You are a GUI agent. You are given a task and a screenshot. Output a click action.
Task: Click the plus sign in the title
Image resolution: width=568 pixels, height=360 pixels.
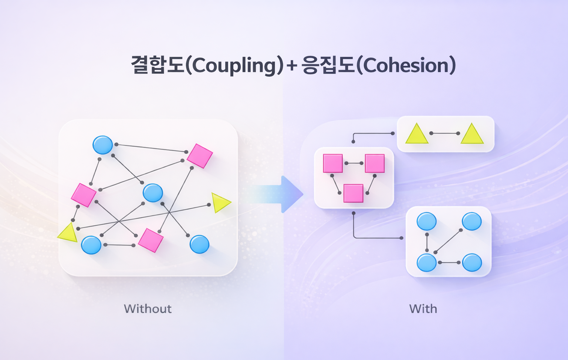pyautogui.click(x=292, y=65)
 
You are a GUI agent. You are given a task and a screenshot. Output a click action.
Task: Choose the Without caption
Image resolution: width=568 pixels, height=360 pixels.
pyautogui.click(x=148, y=309)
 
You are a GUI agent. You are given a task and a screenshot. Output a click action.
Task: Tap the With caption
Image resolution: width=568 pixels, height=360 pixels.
pyautogui.click(x=423, y=309)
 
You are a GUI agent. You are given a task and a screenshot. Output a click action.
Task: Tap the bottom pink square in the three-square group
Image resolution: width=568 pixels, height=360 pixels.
pyautogui.click(x=353, y=193)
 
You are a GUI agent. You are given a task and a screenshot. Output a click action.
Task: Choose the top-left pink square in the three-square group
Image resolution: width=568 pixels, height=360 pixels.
pyautogui.click(x=333, y=163)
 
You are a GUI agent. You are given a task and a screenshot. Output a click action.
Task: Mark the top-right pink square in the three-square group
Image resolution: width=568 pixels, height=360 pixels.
pyautogui.click(x=375, y=163)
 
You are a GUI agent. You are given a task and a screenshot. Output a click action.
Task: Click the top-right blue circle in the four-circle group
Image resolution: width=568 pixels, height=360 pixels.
pyautogui.click(x=472, y=222)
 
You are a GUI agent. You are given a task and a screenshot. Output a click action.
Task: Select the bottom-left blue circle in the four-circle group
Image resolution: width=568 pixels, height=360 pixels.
pyautogui.click(x=427, y=262)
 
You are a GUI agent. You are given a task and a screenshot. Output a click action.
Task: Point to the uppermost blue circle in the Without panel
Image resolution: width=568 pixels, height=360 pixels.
pyautogui.click(x=102, y=145)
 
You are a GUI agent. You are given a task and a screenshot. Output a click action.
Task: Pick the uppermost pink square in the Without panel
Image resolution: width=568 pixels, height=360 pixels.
pyautogui.click(x=200, y=156)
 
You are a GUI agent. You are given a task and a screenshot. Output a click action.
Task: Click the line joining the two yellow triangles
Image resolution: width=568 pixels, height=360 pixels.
pyautogui.click(x=444, y=133)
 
